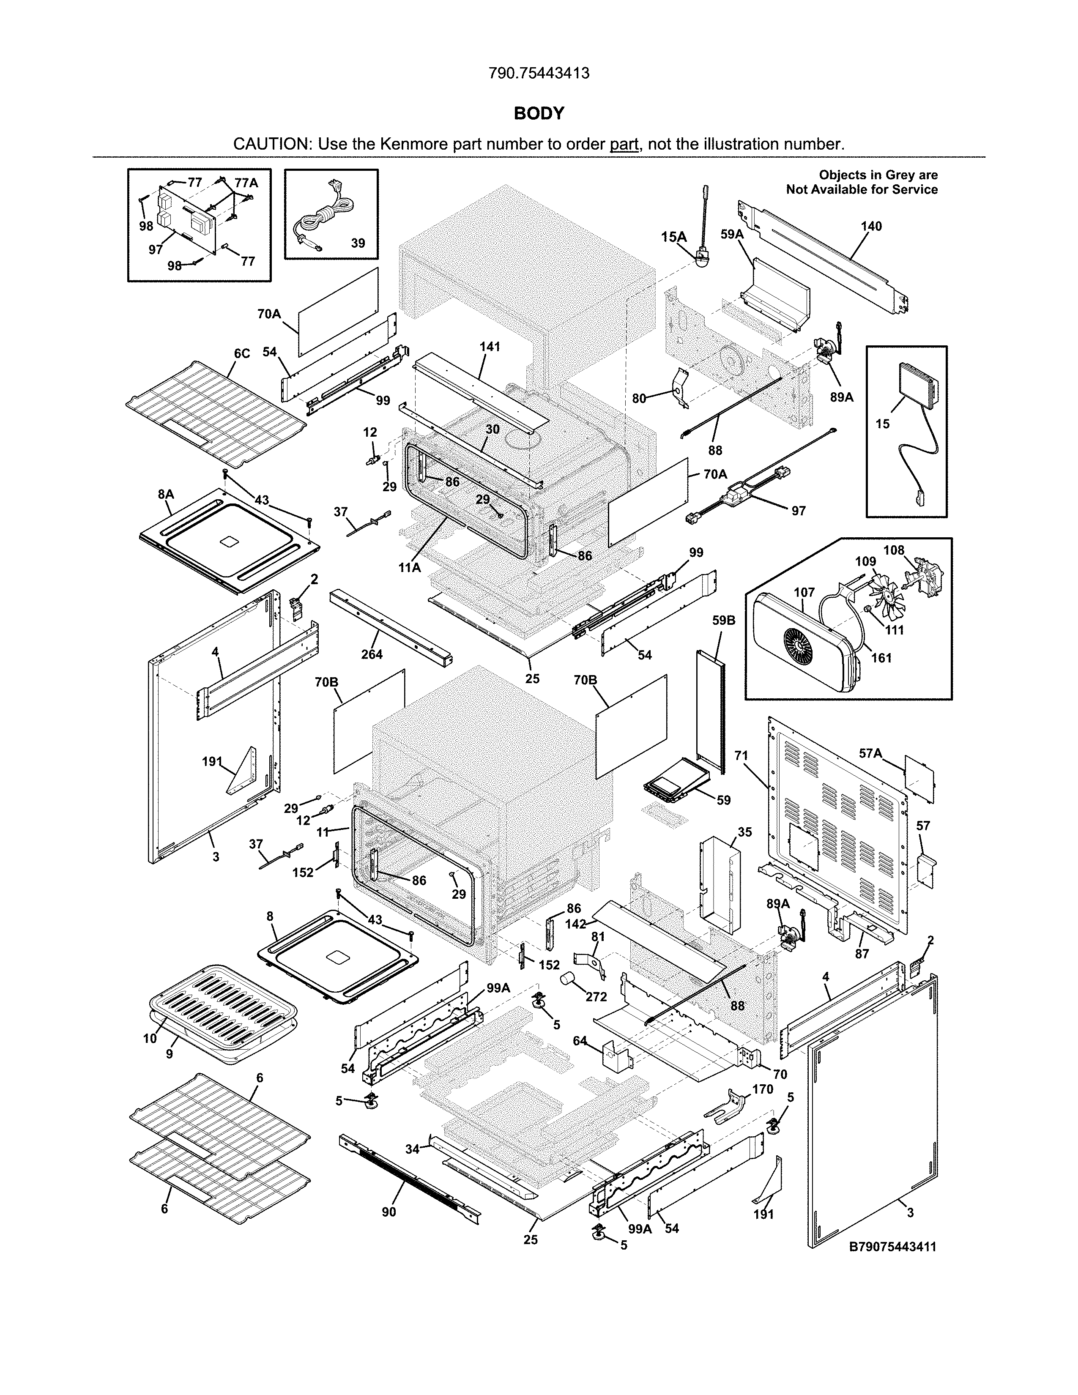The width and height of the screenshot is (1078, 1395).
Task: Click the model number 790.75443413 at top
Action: [x=538, y=74]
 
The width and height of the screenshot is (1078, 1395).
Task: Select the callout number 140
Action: [x=871, y=226]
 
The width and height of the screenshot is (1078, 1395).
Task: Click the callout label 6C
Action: [x=241, y=353]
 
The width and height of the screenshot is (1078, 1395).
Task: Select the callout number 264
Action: [x=372, y=654]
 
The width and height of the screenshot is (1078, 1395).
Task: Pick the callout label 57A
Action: [x=870, y=754]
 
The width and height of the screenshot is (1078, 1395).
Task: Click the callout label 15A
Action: [x=673, y=237]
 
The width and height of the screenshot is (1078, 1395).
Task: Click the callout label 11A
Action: [x=409, y=566]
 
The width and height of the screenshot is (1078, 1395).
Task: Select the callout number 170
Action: [x=763, y=1089]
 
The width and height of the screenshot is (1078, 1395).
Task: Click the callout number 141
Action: [x=490, y=347]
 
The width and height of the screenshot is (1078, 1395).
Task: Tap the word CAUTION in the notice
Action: [x=271, y=144]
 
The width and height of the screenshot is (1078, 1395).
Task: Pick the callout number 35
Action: [x=744, y=832]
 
